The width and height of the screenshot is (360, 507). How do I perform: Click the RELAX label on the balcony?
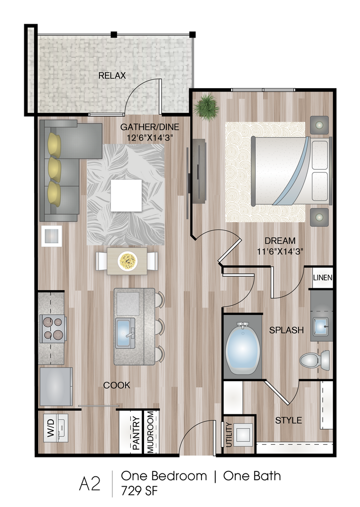coord(112,76)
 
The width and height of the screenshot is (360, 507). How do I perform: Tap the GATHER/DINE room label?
coord(150,127)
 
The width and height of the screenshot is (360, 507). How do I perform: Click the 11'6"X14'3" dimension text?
coord(280,251)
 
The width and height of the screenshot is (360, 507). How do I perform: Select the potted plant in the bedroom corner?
coord(206,107)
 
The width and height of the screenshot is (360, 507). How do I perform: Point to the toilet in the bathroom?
coord(315,360)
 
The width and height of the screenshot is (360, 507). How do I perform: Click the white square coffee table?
coord(126,195)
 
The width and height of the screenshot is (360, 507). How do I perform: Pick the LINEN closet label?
coord(322,278)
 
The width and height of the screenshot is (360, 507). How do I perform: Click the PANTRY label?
coord(136,433)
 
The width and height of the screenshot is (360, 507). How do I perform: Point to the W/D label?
coord(51,429)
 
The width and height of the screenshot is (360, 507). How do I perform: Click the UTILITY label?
coord(229,435)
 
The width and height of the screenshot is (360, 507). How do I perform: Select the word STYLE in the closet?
coord(288,420)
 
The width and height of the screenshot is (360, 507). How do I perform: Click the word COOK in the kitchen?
coord(117,385)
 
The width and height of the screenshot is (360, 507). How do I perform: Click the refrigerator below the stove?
coord(55,386)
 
